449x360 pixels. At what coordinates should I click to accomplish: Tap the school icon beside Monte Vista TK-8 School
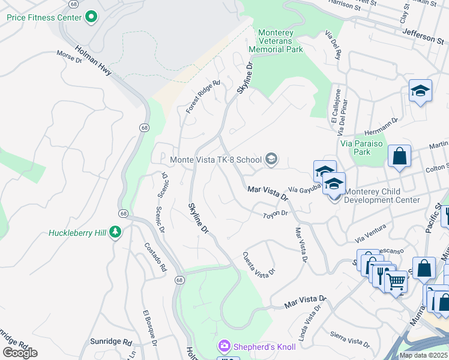point(271,159)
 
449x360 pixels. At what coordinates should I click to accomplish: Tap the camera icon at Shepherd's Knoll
point(224,346)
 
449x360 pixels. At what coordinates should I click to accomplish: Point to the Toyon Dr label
point(276,213)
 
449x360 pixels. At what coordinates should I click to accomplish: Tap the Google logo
point(20,353)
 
